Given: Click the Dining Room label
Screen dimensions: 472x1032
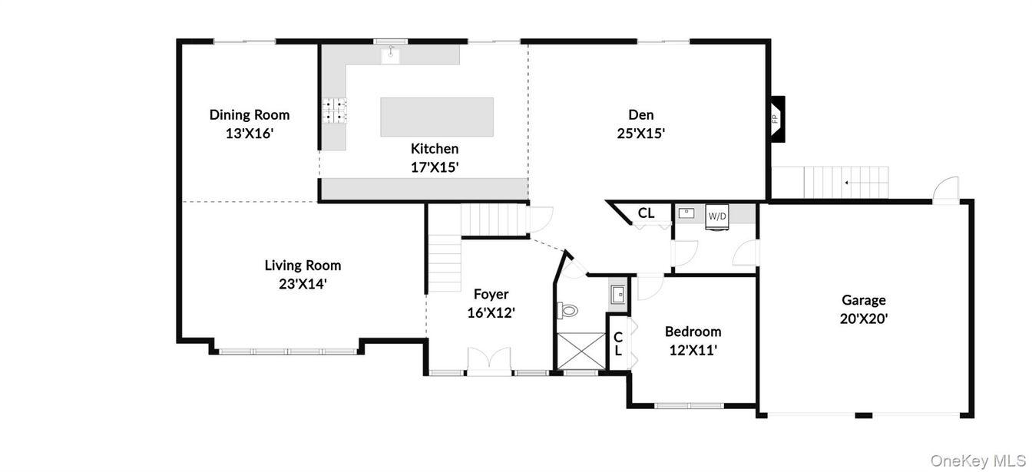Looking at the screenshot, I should click(x=250, y=115).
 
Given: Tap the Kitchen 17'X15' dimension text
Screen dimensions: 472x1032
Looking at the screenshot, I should click(x=435, y=167).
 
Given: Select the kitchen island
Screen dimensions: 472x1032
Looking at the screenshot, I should click(x=437, y=117).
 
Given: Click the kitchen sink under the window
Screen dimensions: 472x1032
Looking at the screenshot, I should click(x=392, y=54).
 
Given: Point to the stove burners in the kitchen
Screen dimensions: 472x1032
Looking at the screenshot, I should click(x=335, y=111).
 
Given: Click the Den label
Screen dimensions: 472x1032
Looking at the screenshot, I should click(x=641, y=115).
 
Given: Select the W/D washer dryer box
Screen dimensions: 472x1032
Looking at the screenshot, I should click(x=716, y=216).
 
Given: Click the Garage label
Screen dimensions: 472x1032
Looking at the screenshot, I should click(x=864, y=300).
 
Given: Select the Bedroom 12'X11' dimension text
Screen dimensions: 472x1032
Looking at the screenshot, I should click(x=693, y=350).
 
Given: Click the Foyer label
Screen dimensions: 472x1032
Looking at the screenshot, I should click(x=491, y=294).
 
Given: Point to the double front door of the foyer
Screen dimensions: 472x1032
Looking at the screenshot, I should click(x=489, y=360).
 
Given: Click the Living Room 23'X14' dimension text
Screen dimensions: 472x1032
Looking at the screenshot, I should click(x=303, y=283).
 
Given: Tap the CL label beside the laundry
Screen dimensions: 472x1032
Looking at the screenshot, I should click(x=647, y=213).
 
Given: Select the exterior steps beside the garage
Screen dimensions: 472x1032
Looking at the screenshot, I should click(x=845, y=182).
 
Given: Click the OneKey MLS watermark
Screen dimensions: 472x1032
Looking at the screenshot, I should click(x=977, y=460).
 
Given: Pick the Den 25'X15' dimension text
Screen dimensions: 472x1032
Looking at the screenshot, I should click(x=641, y=133).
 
